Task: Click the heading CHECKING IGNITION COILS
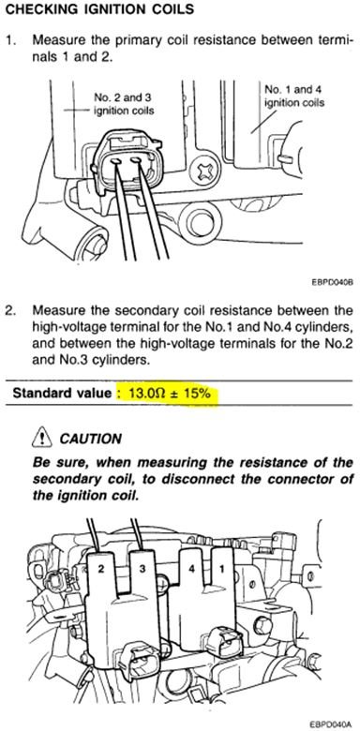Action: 99,9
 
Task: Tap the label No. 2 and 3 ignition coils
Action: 124,104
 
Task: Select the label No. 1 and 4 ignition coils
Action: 294,96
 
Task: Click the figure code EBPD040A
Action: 331,725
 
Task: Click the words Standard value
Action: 62,393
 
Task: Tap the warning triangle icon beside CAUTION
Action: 41,437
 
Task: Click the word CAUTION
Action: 91,439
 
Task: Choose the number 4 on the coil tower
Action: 192,570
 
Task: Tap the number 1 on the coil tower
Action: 222,568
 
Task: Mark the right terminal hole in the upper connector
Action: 136,161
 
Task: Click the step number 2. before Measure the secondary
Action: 10,310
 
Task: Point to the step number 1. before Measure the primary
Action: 10,40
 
